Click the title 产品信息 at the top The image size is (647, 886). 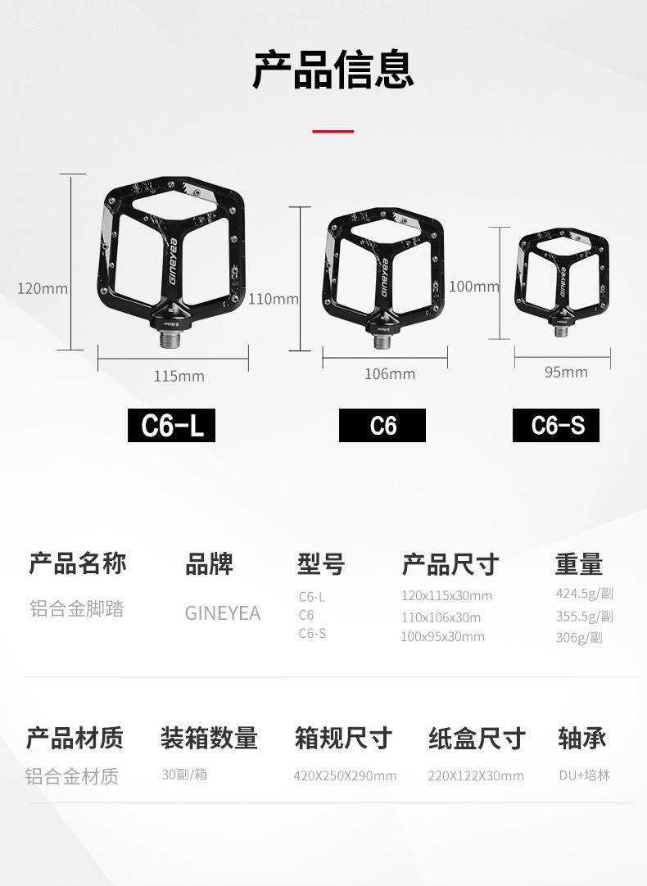click(x=333, y=70)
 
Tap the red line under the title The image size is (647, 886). click(x=333, y=131)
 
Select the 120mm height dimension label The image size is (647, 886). click(x=43, y=289)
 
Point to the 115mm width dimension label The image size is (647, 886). click(x=179, y=377)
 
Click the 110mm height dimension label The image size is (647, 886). click(x=274, y=299)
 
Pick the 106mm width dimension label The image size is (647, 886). click(x=390, y=374)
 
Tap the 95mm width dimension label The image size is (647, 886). click(x=566, y=373)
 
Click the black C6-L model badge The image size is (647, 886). click(x=171, y=426)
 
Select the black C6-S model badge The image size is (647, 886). click(x=556, y=426)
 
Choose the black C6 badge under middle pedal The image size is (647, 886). click(x=382, y=426)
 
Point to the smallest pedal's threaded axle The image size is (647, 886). click(x=560, y=331)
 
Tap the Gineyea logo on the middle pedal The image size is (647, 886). click(x=384, y=278)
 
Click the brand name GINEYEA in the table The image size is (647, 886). click(x=223, y=613)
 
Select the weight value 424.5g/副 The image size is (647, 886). click(x=584, y=594)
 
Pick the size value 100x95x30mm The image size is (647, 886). click(x=442, y=637)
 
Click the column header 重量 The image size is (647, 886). click(x=579, y=564)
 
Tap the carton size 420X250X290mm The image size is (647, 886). click(x=345, y=775)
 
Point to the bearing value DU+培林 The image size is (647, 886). click(x=584, y=775)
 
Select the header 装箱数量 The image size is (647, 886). click(x=209, y=738)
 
